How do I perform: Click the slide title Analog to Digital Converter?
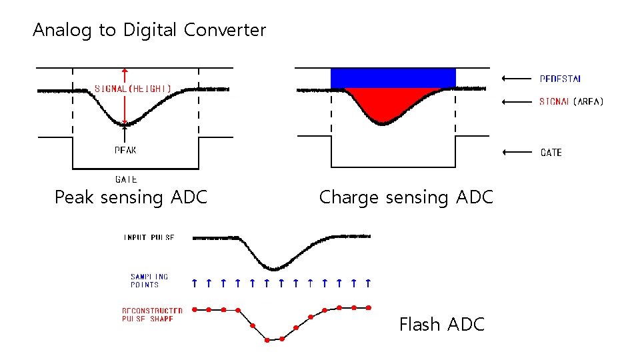tap(149, 30)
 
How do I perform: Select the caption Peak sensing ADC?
tap(131, 197)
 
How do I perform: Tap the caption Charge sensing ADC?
tap(406, 197)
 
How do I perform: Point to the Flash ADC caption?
tap(441, 325)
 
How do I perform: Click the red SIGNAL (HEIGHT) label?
tap(133, 88)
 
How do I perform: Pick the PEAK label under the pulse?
tap(125, 150)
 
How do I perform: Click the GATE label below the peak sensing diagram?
tap(126, 179)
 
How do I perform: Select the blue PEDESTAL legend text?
tap(560, 79)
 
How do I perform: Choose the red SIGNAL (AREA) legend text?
tap(571, 102)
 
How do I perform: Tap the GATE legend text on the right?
tap(551, 153)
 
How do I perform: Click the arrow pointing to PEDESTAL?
tap(515, 79)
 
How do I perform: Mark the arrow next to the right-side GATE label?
tap(515, 152)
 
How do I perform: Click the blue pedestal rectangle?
tap(393, 78)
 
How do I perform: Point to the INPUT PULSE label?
tap(149, 237)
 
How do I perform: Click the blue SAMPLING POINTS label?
tap(149, 281)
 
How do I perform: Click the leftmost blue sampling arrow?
tap(194, 283)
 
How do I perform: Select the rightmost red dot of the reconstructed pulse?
tap(369, 307)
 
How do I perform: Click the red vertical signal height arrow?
tap(125, 97)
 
